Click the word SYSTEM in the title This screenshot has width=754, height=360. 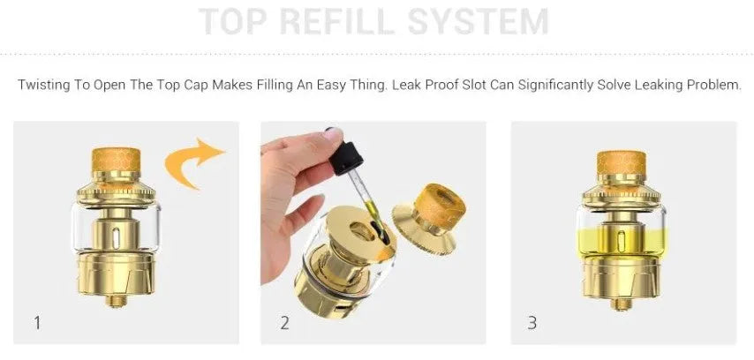479,21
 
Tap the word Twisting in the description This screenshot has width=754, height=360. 44,86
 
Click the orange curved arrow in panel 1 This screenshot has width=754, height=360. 192,162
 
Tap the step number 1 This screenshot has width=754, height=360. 37,323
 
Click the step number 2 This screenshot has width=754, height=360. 284,323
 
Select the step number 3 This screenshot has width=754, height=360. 532,323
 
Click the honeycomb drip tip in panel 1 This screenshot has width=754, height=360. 116,160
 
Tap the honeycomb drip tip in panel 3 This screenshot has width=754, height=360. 621,162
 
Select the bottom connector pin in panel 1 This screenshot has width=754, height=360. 117,301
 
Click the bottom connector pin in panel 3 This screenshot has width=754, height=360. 622,304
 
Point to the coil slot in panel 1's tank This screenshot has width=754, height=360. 116,238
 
